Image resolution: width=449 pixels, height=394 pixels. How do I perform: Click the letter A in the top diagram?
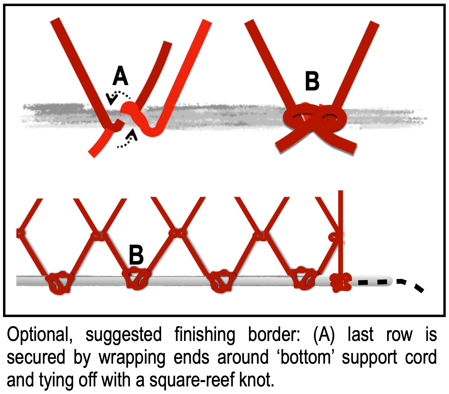pos(120,76)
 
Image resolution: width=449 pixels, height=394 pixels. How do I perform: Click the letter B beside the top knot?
pos(312,81)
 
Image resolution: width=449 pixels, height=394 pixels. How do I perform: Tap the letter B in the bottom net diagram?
pos(136,255)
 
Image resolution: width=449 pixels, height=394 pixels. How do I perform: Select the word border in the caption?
pos(274,335)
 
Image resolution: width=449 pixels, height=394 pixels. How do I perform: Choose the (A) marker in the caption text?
pos(325,335)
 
